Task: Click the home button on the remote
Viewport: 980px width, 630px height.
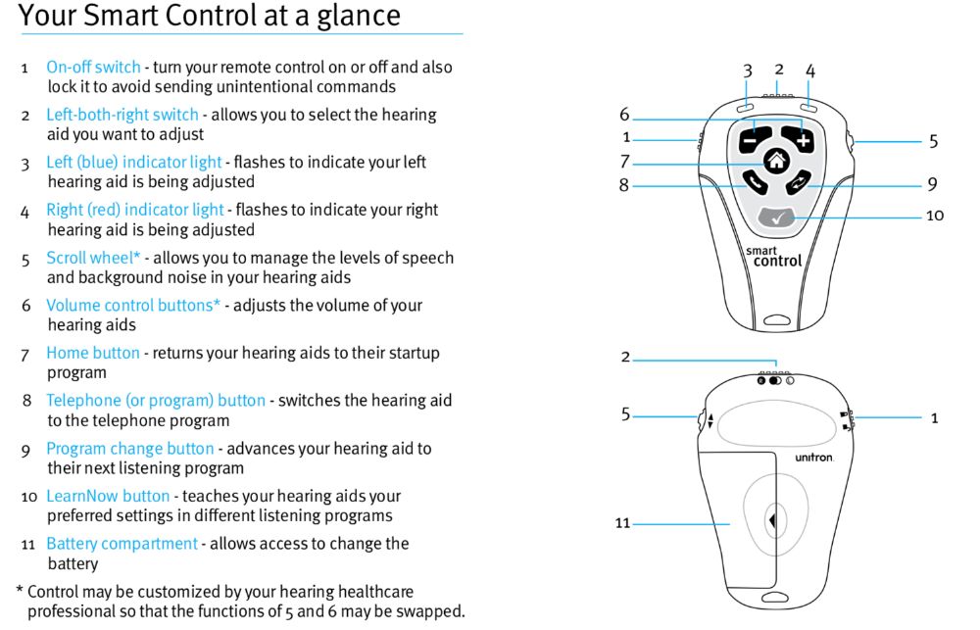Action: click(x=776, y=163)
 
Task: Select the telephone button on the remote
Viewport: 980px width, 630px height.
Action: click(x=753, y=181)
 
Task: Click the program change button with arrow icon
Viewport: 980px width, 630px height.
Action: click(x=800, y=182)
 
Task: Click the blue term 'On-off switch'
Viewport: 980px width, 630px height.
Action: click(x=93, y=68)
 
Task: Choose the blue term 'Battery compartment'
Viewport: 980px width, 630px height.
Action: click(x=122, y=543)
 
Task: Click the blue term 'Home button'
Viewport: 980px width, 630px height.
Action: click(x=93, y=353)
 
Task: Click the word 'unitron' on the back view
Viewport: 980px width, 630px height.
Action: click(x=813, y=458)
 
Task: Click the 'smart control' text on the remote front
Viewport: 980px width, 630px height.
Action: click(x=774, y=257)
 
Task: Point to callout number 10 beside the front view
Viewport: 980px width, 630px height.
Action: click(x=934, y=215)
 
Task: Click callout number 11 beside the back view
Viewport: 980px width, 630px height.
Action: click(x=622, y=523)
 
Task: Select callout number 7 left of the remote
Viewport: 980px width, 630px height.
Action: click(x=624, y=162)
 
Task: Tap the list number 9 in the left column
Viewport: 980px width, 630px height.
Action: click(x=26, y=450)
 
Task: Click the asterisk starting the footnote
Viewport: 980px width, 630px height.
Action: click(x=20, y=591)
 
